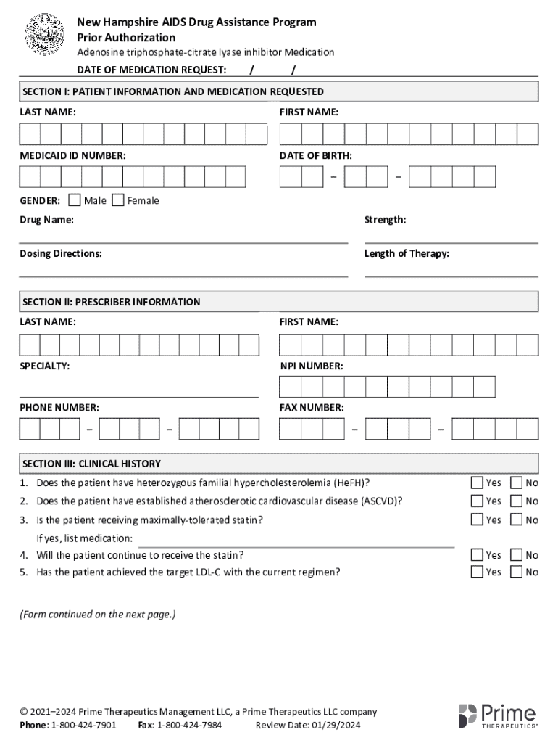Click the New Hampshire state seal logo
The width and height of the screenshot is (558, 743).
pyautogui.click(x=46, y=34)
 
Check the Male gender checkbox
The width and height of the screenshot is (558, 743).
pyautogui.click(x=74, y=200)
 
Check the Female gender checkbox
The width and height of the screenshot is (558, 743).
pyautogui.click(x=117, y=200)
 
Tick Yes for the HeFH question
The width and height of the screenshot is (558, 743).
pyautogui.click(x=477, y=483)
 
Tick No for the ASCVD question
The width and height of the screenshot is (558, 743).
pyautogui.click(x=517, y=501)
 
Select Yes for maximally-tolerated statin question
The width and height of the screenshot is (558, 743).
pyautogui.click(x=477, y=519)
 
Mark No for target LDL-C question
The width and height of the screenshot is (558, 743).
pyautogui.click(x=517, y=572)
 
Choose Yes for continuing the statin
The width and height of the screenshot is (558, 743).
pyautogui.click(x=477, y=554)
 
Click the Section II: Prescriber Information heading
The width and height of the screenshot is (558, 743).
pyautogui.click(x=112, y=302)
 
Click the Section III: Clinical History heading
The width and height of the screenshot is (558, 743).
pyautogui.click(x=92, y=464)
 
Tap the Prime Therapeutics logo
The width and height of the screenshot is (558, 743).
pyautogui.click(x=497, y=715)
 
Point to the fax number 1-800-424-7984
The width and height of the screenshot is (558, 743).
pyautogui.click(x=189, y=725)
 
